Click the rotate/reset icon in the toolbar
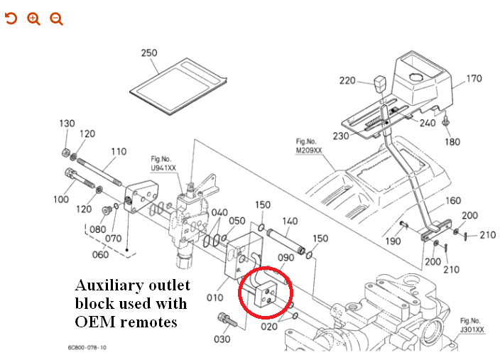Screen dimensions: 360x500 click(11, 18)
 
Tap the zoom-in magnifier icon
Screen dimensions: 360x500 click(33, 18)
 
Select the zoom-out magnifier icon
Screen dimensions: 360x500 click(56, 18)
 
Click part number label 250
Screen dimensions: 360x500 click(149, 53)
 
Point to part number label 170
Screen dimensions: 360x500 click(474, 79)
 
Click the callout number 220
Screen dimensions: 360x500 click(347, 81)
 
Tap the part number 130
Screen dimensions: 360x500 click(67, 124)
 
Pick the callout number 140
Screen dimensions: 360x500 click(290, 221)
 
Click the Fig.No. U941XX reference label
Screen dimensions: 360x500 click(163, 164)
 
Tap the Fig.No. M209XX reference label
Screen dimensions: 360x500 click(308, 146)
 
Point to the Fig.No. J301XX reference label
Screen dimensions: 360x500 click(472, 325)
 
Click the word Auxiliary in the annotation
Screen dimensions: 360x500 click(106, 286)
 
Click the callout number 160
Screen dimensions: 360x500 click(452, 201)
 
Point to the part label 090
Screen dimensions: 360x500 click(286, 258)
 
